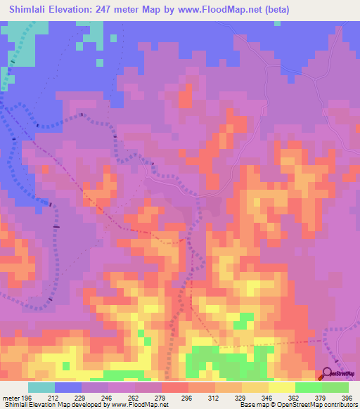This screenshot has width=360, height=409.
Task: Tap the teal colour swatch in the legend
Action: pos(41,387)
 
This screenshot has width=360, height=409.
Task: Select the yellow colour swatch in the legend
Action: pos(282,387)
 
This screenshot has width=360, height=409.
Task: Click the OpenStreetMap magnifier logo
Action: pos(328,375)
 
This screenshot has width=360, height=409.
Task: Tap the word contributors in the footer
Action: pos(342,405)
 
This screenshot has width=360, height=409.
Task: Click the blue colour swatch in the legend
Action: pos(68,387)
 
